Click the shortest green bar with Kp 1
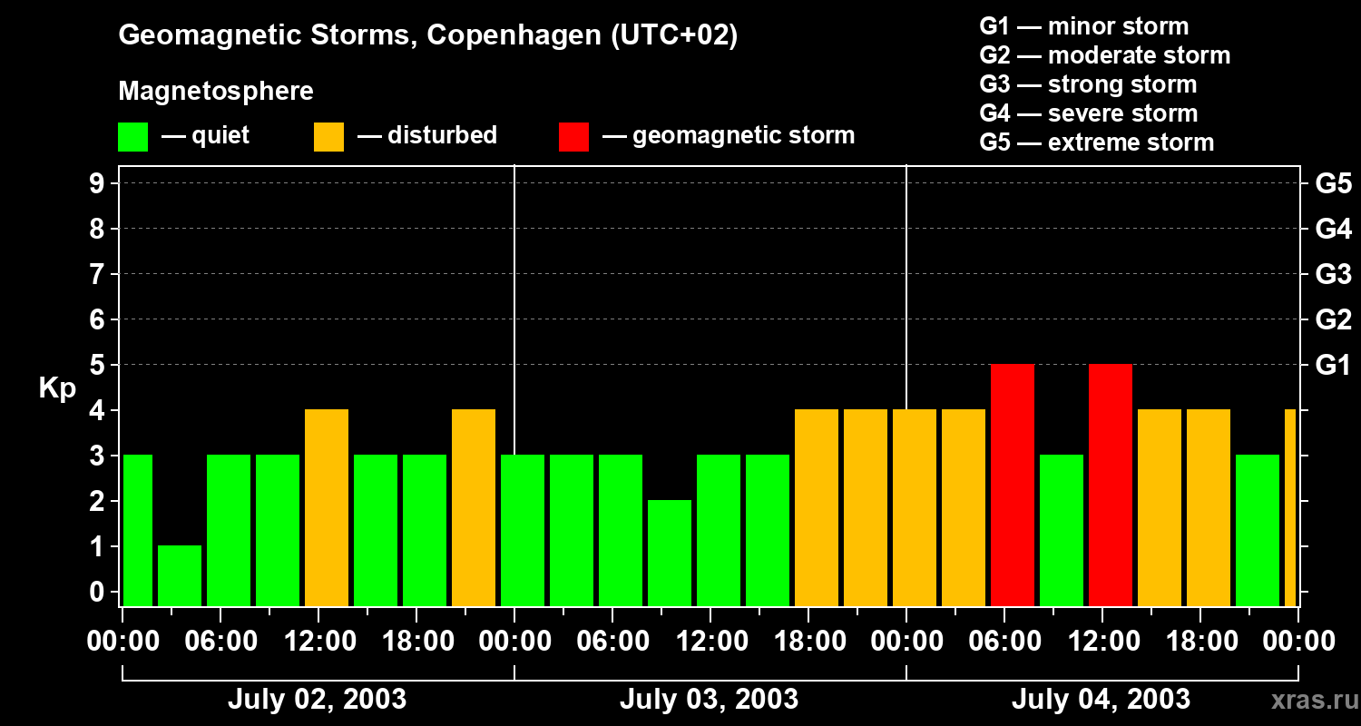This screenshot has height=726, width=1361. [x=180, y=575]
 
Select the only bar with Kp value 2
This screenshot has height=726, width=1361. [x=670, y=553]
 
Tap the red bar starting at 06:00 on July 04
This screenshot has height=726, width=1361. [x=1013, y=485]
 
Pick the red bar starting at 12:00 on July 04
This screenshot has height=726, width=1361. [x=1111, y=485]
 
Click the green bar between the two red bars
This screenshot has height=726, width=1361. [x=1062, y=530]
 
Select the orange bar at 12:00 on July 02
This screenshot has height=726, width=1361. [x=327, y=507]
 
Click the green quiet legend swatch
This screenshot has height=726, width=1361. [x=133, y=137]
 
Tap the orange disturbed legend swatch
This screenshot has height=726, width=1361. [x=329, y=137]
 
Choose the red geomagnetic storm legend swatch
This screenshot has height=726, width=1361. [x=574, y=137]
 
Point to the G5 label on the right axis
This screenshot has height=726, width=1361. [x=1333, y=183]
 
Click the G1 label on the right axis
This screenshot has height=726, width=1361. [x=1333, y=365]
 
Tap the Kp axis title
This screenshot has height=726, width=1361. [x=57, y=388]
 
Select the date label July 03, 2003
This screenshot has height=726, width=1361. [x=709, y=699]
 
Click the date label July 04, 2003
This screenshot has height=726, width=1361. [x=1101, y=699]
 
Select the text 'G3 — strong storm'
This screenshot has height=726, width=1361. [x=1088, y=84]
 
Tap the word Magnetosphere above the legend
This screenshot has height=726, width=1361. [x=216, y=92]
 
